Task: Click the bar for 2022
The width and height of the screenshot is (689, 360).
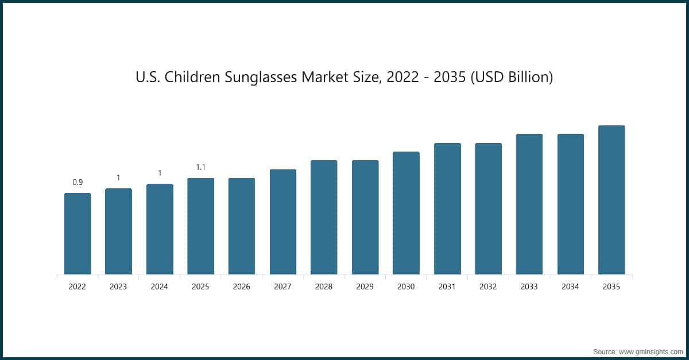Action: pos(78,234)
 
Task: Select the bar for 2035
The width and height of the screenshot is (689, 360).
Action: pos(611,200)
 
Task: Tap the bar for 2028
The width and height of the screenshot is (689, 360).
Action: pos(324,217)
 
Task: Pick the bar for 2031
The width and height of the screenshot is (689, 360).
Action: pos(447,208)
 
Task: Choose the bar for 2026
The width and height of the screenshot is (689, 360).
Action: pos(242,226)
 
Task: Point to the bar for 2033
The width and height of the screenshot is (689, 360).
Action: pos(529,204)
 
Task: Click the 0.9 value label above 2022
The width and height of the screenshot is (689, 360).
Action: pos(78,182)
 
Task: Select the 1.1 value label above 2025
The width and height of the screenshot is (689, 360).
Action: pos(201,167)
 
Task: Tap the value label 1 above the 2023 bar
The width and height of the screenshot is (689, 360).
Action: pos(118,177)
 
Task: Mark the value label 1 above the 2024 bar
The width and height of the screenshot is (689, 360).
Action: pos(160,173)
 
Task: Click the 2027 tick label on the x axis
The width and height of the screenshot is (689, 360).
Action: pos(282,287)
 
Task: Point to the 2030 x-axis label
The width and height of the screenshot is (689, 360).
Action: pos(406,287)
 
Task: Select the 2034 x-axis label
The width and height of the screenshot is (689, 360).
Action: pos(570,287)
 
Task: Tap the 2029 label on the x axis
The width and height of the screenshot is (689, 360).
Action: pos(365,287)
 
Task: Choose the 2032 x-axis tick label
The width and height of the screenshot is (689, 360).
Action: pos(488,287)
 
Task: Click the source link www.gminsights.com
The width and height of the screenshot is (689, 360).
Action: pos(651,350)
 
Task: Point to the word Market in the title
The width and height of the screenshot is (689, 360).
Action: pos(324,77)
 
